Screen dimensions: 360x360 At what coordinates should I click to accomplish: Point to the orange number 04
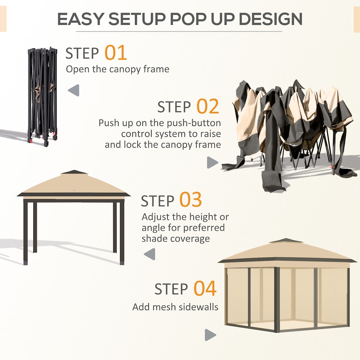tap(205, 289)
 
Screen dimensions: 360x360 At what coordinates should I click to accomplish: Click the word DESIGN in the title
tap(271, 19)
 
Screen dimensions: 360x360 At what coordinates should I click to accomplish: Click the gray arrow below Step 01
tap(74, 90)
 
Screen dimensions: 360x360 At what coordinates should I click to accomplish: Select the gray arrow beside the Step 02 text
tap(212, 162)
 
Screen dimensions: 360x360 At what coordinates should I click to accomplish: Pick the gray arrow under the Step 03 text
tap(150, 254)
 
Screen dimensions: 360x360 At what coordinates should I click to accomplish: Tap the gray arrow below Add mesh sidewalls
tap(210, 335)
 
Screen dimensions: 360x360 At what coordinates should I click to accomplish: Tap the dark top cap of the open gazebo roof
tap(73, 172)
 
